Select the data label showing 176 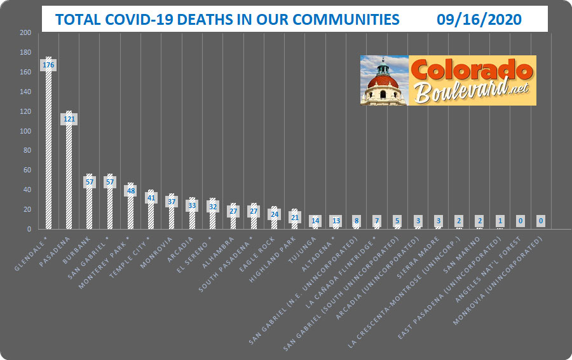[x=48, y=65]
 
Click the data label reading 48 [x=130, y=190]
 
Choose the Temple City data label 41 [x=151, y=197]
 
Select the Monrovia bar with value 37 [x=172, y=216]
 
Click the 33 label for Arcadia [x=192, y=205]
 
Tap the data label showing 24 [x=275, y=214]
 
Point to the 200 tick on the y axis [x=25, y=32]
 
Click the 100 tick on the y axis [x=25, y=131]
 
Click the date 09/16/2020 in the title [x=479, y=20]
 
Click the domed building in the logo [x=383, y=81]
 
